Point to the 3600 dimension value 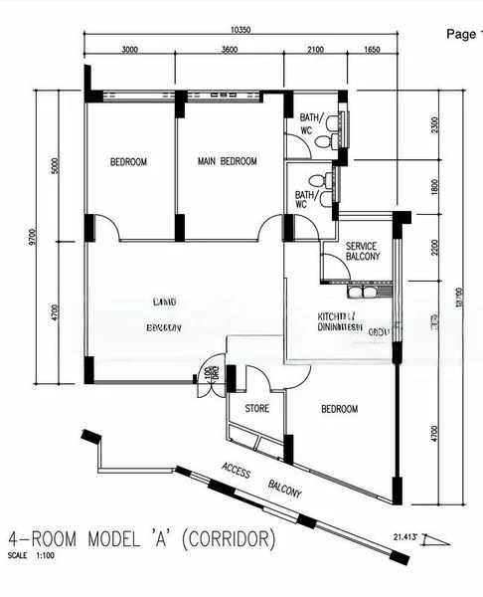pyautogui.click(x=230, y=49)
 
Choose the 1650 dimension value pyautogui.click(x=373, y=49)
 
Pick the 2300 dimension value pyautogui.click(x=435, y=126)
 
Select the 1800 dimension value pyautogui.click(x=435, y=186)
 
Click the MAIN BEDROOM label pyautogui.click(x=227, y=162)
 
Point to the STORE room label pyautogui.click(x=257, y=408)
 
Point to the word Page pyautogui.click(x=463, y=34)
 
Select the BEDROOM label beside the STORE pyautogui.click(x=339, y=409)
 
